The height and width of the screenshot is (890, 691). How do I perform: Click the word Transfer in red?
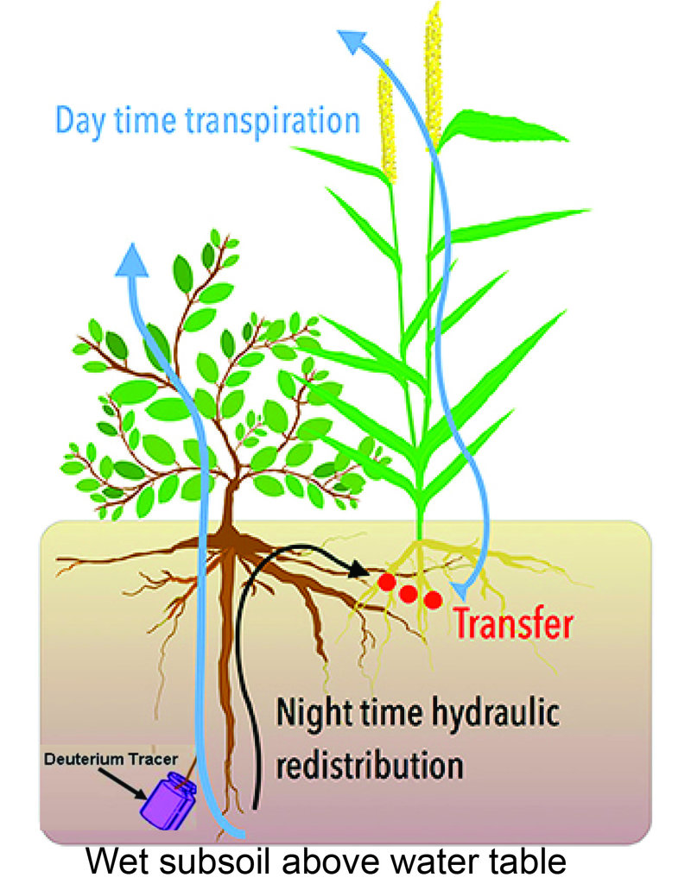click(x=514, y=624)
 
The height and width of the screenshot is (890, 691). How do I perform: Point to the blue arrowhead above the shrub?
click(x=132, y=261)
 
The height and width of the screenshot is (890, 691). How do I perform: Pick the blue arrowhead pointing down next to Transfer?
click(x=459, y=590)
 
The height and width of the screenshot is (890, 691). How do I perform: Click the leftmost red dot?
click(x=387, y=583)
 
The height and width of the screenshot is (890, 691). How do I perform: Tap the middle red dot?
click(x=409, y=594)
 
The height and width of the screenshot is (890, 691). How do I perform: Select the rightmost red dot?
click(x=433, y=600)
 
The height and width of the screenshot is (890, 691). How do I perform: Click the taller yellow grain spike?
click(x=434, y=77)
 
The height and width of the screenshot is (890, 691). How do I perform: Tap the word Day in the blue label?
click(x=80, y=122)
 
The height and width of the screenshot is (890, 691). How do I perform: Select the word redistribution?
click(x=370, y=766)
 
